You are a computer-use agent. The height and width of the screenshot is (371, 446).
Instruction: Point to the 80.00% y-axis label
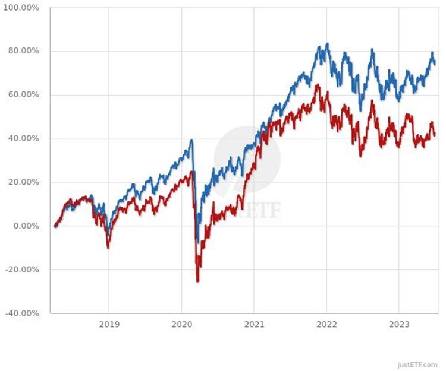(x=23, y=51)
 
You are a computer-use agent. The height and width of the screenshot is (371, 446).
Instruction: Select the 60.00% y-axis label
(x=23, y=95)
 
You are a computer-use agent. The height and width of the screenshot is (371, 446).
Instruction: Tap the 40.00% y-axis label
(x=23, y=138)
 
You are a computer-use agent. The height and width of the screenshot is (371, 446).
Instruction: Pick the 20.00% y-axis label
(x=23, y=182)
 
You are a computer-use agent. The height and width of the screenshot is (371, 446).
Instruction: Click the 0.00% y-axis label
(x=25, y=226)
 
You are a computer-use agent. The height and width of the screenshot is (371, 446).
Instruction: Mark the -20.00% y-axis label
(x=21, y=269)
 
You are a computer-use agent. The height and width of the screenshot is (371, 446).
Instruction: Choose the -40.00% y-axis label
(x=21, y=313)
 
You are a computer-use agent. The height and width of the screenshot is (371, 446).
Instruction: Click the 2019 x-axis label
(x=109, y=324)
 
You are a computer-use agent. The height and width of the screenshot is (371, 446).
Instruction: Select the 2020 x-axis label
(x=181, y=324)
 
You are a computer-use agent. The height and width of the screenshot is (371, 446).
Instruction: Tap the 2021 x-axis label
(x=254, y=324)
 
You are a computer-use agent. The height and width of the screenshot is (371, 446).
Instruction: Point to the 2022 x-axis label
(x=326, y=324)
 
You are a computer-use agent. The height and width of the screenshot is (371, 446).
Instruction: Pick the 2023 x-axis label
(x=399, y=324)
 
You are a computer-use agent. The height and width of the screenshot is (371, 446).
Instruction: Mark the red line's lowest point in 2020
(x=197, y=281)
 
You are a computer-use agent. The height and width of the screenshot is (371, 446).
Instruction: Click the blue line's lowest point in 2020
(x=198, y=241)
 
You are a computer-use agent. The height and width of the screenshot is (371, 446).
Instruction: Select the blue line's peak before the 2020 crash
(x=191, y=140)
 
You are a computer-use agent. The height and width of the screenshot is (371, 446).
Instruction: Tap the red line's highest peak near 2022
(x=318, y=85)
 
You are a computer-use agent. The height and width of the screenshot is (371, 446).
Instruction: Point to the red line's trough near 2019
(x=108, y=247)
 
